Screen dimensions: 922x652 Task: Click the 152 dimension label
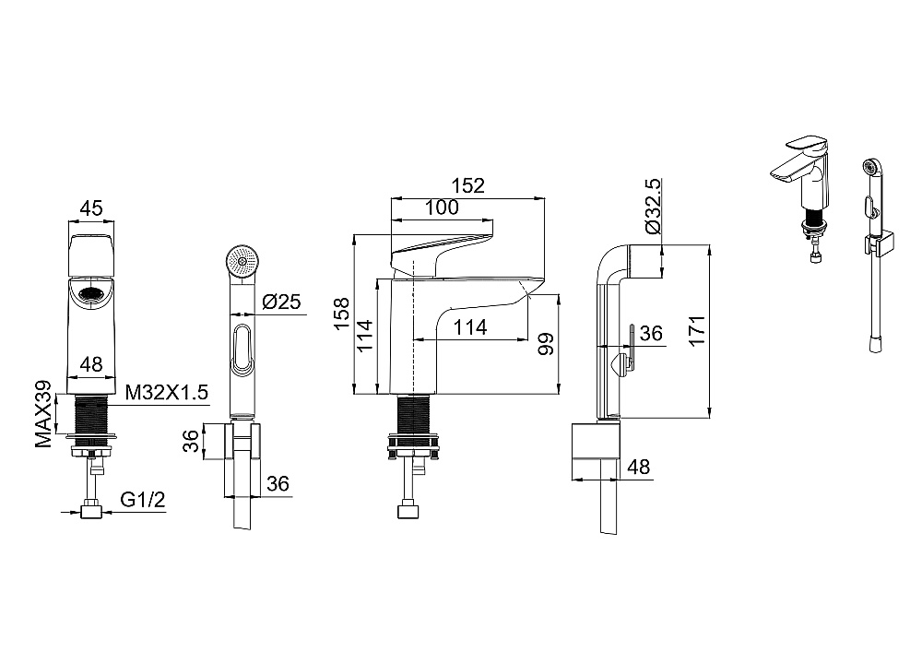click(468, 185)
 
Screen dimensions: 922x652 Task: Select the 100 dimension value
click(442, 207)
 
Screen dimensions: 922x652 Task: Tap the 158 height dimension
click(342, 314)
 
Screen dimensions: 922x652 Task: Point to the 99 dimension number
click(546, 344)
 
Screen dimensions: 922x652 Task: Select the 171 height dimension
click(697, 331)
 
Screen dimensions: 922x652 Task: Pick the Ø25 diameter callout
click(281, 302)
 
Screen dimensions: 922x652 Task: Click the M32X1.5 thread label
click(167, 392)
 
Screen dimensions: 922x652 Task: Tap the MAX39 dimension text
click(43, 414)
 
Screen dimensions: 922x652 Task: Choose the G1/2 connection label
click(143, 500)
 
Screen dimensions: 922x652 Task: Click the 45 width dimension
click(91, 208)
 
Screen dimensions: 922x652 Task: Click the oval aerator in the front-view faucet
click(91, 290)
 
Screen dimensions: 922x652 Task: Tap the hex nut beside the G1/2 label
click(91, 509)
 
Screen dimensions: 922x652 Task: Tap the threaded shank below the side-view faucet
click(415, 415)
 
